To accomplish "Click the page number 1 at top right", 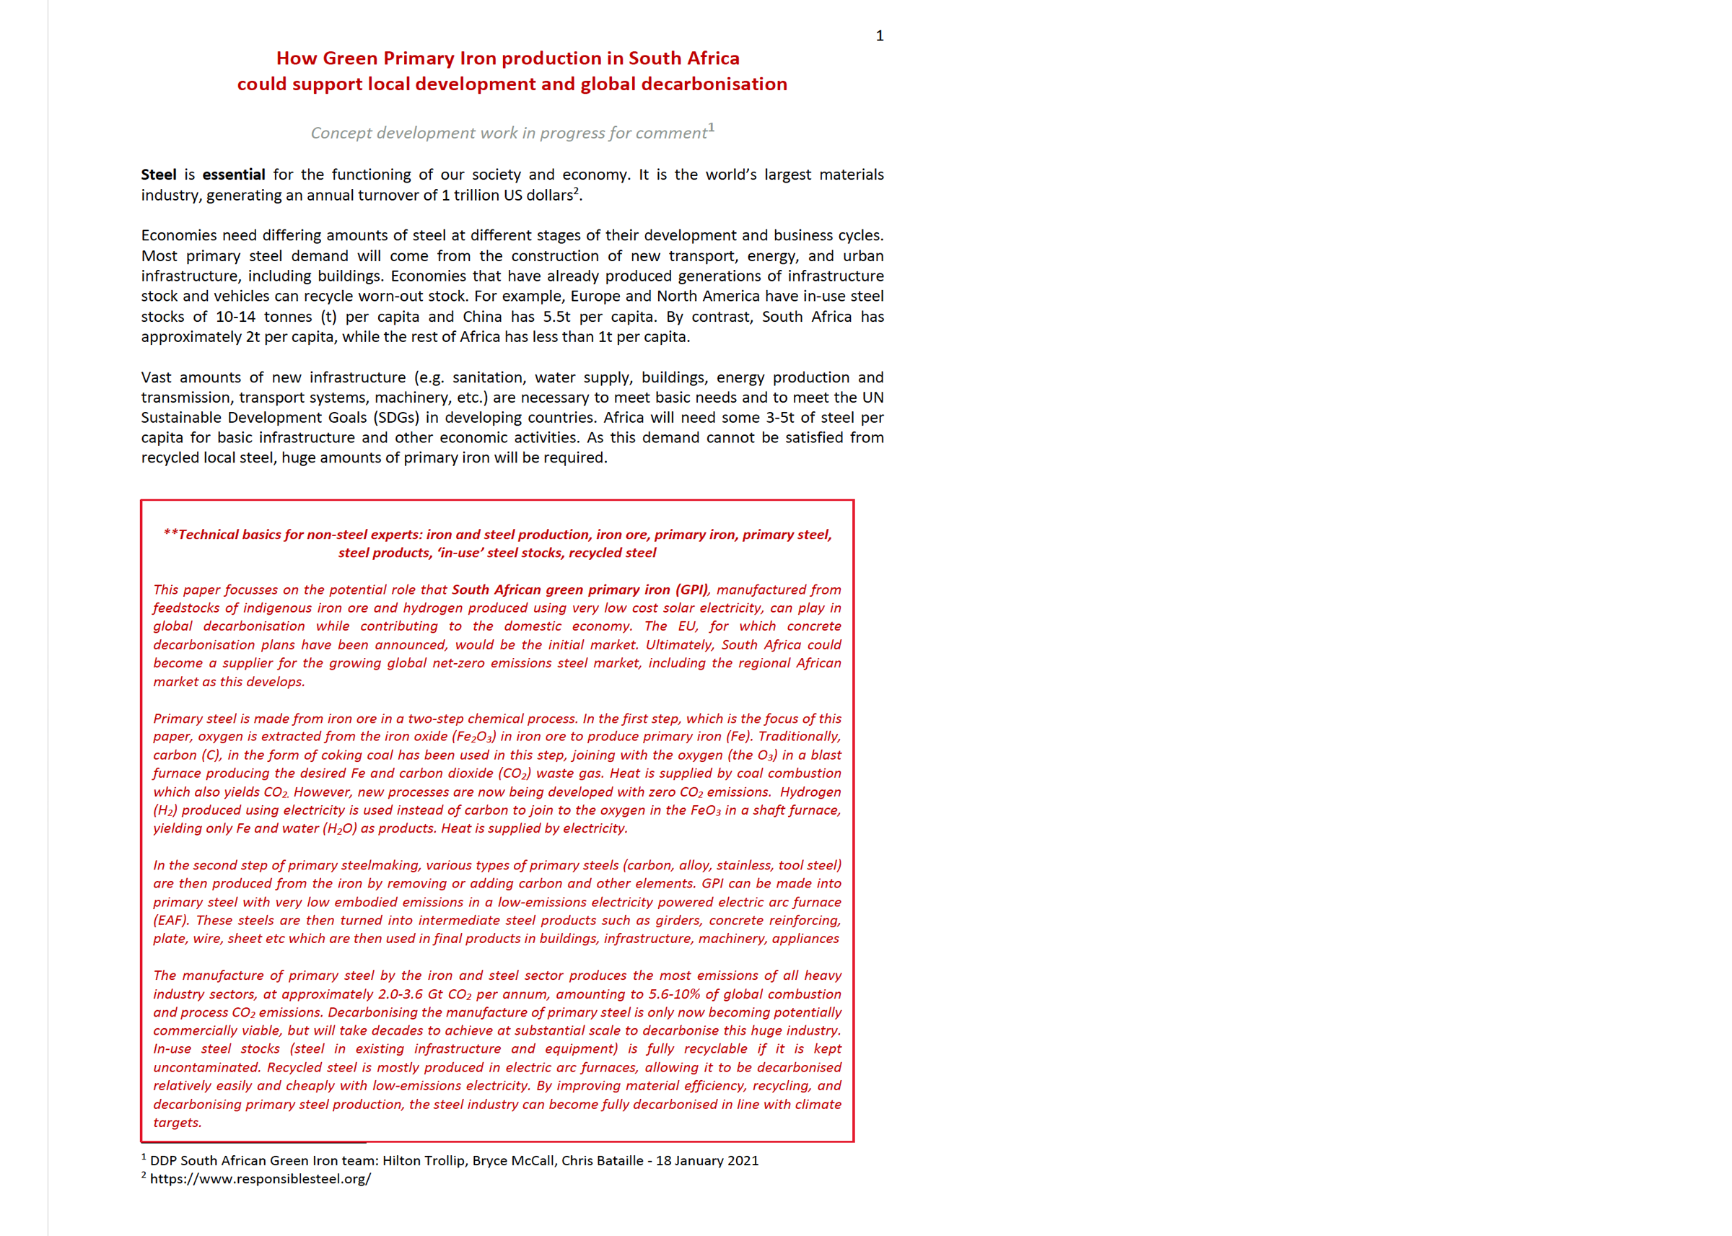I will [x=879, y=36].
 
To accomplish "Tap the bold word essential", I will [x=234, y=175].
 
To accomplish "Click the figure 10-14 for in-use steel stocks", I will [x=235, y=317].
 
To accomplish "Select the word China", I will [x=484, y=317].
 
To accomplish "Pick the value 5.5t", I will [x=556, y=317].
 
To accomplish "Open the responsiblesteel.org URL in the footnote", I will [x=261, y=1179].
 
